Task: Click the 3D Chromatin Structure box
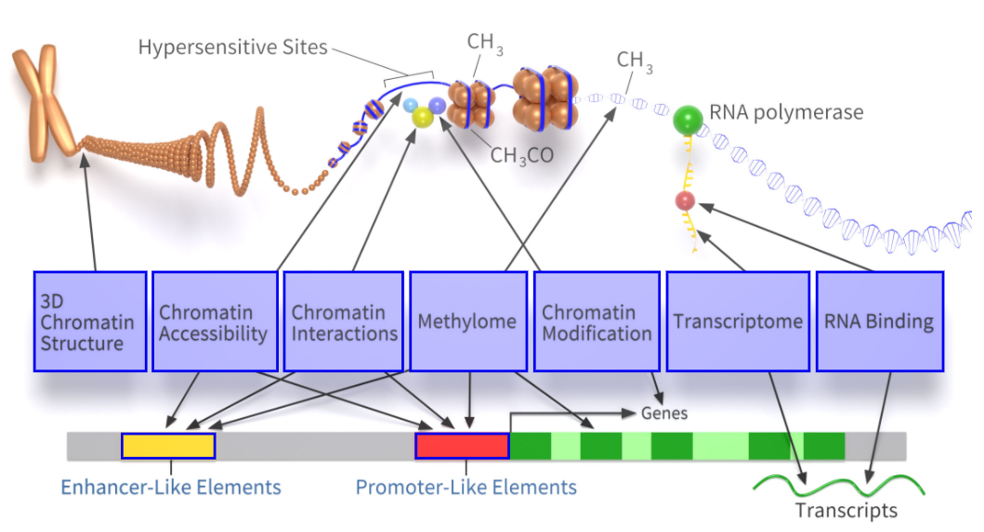pos(90,321)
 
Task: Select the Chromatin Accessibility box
pos(215,321)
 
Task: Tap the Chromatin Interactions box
pos(344,321)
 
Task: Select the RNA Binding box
pos(879,321)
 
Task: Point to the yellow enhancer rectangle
pos(168,446)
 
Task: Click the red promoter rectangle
pos(462,446)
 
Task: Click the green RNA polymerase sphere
pos(689,119)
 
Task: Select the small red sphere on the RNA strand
pos(686,201)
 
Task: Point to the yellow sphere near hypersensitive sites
pos(423,116)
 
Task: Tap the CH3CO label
pos(521,155)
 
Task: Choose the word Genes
pos(664,412)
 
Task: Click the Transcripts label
pos(846,510)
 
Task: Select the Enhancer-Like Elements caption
pos(171,487)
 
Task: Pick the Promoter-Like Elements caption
pos(466,487)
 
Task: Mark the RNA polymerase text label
pos(786,112)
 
